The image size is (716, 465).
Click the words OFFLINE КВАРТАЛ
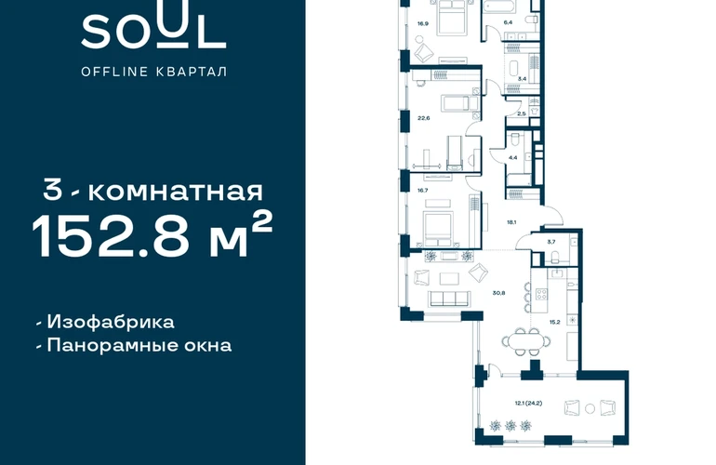click(x=153, y=72)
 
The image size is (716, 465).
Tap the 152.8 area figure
click(x=110, y=235)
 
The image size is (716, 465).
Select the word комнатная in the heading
click(x=176, y=192)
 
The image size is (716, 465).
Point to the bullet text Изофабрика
click(x=111, y=322)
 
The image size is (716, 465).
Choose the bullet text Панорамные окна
click(x=139, y=345)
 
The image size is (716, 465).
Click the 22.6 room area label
click(x=424, y=118)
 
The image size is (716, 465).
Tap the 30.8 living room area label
click(x=499, y=293)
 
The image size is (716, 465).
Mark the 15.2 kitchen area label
click(x=555, y=322)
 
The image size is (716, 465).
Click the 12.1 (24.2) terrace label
click(x=528, y=404)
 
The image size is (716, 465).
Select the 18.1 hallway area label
click(x=511, y=222)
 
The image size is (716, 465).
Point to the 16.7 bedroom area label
click(x=422, y=191)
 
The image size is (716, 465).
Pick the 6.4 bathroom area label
click(x=509, y=22)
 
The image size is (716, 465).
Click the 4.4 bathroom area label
click(x=512, y=157)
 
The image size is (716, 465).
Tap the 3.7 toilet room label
click(x=551, y=242)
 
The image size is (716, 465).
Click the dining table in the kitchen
click(x=526, y=340)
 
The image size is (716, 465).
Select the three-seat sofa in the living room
click(x=449, y=299)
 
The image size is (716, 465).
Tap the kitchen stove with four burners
click(x=541, y=294)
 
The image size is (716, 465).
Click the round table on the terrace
click(x=590, y=408)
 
